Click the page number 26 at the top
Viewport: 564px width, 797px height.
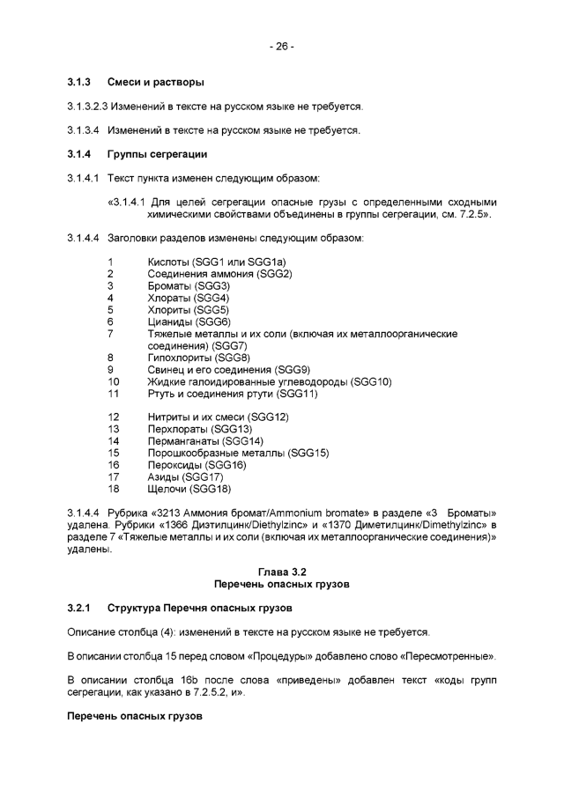tap(281, 47)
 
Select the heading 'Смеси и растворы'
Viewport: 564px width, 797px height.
tap(156, 83)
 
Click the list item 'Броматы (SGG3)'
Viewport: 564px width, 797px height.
tap(189, 286)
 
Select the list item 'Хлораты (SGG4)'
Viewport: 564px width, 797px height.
tap(188, 299)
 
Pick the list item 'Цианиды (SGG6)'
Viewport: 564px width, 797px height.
tap(189, 322)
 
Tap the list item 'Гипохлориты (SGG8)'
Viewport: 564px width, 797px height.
tap(199, 358)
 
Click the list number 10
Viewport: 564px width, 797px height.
tap(113, 381)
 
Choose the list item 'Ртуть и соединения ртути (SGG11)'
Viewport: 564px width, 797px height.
tap(232, 394)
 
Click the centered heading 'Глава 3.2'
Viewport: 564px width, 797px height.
tap(282, 572)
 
